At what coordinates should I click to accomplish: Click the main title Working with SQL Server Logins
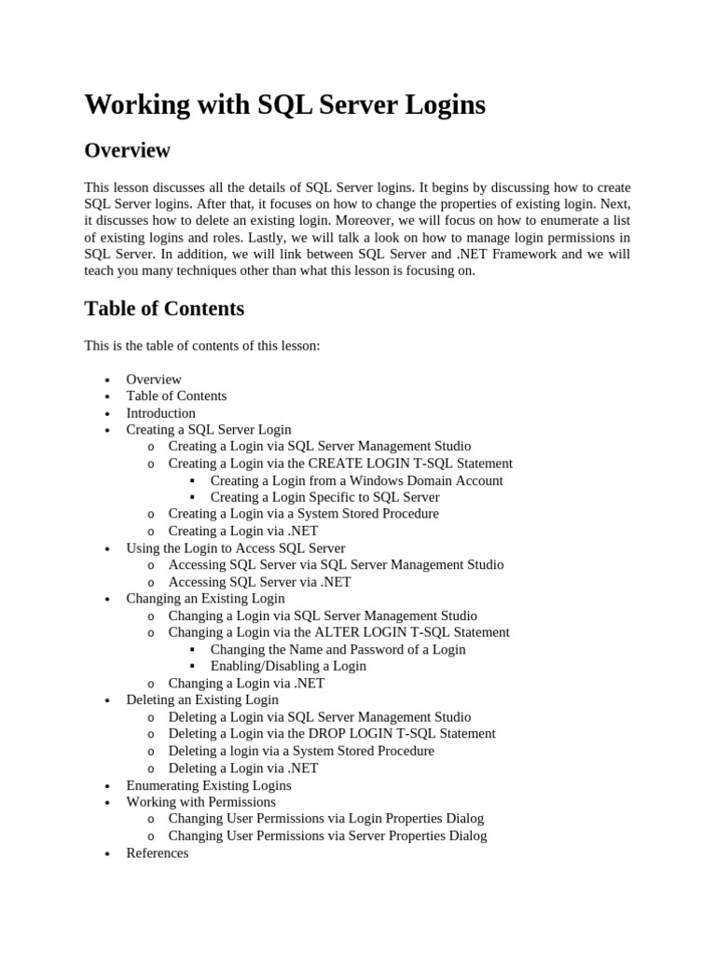pyautogui.click(x=284, y=104)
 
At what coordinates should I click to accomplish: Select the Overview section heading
pyautogui.click(x=127, y=150)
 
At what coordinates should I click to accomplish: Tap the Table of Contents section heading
pyautogui.click(x=164, y=308)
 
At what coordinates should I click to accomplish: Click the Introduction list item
pyautogui.click(x=160, y=413)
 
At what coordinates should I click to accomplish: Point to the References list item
pyautogui.click(x=157, y=853)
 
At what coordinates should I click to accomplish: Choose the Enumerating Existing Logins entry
pyautogui.click(x=209, y=785)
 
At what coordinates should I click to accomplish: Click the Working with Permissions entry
pyautogui.click(x=200, y=802)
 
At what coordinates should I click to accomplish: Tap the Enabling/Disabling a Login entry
pyautogui.click(x=288, y=666)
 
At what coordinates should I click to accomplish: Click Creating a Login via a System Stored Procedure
pyautogui.click(x=303, y=514)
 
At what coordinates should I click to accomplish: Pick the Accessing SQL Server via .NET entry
pyautogui.click(x=259, y=582)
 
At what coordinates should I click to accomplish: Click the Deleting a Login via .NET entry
pyautogui.click(x=242, y=768)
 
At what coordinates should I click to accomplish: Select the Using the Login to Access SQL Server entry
pyautogui.click(x=235, y=548)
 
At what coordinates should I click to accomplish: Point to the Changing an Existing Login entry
pyautogui.click(x=205, y=599)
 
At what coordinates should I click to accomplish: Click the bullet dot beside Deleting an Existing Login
pyautogui.click(x=109, y=700)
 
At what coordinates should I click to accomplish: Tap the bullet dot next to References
pyautogui.click(x=109, y=854)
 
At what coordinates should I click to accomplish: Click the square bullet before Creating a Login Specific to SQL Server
pyautogui.click(x=192, y=498)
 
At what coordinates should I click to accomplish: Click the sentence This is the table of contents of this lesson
pyautogui.click(x=201, y=346)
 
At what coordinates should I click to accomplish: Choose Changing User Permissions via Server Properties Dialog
pyautogui.click(x=327, y=836)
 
